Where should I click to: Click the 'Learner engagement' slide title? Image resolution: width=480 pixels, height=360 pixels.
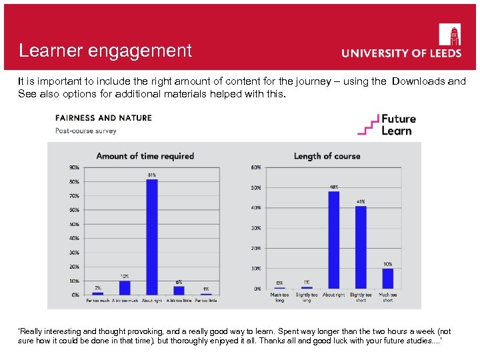click(105, 51)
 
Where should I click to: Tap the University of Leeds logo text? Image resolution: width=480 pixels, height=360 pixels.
click(401, 53)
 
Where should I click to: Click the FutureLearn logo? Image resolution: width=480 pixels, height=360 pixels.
click(387, 125)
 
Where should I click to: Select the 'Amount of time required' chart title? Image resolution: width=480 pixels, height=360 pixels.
click(145, 156)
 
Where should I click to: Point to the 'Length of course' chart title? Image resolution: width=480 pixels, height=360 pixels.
click(327, 156)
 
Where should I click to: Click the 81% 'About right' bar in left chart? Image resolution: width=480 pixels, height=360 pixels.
click(152, 237)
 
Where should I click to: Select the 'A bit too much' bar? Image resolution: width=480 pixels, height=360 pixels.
click(125, 287)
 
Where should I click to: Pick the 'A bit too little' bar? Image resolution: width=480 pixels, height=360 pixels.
click(179, 290)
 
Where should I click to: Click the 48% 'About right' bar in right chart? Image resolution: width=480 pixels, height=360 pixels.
click(333, 240)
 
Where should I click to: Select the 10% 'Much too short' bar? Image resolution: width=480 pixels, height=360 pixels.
click(387, 279)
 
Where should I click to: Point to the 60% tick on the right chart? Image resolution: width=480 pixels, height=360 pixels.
click(255, 167)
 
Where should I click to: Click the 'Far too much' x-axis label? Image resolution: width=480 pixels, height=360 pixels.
click(97, 301)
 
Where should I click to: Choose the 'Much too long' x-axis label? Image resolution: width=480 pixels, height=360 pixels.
click(279, 297)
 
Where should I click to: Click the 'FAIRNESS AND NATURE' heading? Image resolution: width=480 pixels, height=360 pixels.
click(103, 118)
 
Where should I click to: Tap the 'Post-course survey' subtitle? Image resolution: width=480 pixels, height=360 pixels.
click(86, 131)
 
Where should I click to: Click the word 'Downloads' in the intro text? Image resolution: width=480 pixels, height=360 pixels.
click(419, 81)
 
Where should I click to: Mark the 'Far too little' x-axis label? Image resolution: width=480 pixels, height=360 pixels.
click(206, 301)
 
